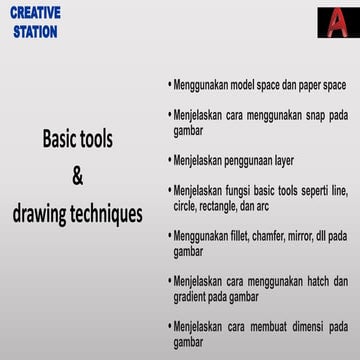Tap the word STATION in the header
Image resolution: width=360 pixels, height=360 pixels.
35,31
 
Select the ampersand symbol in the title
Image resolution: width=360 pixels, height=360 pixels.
78,176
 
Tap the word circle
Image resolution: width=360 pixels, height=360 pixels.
185,206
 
